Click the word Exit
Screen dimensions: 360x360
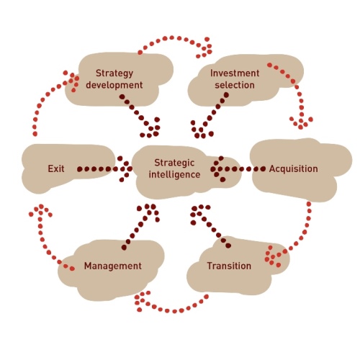[56, 168]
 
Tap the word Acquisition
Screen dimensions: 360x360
[293, 168]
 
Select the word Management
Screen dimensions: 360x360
[113, 266]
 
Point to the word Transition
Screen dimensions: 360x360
[229, 266]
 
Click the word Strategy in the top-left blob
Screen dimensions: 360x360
[114, 73]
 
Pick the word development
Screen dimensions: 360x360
[114, 85]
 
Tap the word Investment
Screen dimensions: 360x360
[235, 73]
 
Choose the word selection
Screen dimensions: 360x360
[235, 85]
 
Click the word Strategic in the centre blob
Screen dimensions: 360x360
[174, 163]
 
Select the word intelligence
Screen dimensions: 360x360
[174, 174]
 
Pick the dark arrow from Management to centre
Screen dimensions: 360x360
[140, 225]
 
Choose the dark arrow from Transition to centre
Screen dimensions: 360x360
[209, 225]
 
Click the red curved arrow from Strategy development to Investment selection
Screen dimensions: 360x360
[172, 37]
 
